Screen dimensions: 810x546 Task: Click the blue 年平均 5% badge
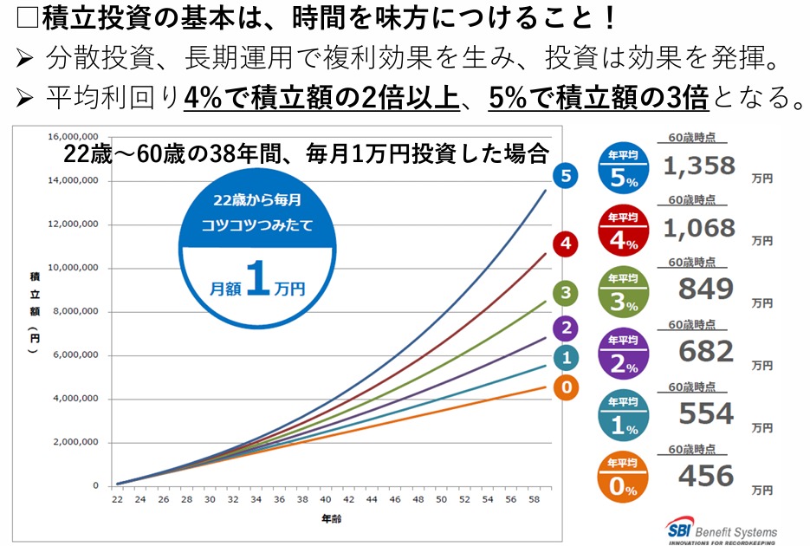point(624,168)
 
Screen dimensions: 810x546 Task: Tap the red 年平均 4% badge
point(624,231)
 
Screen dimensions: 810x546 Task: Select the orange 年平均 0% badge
point(623,477)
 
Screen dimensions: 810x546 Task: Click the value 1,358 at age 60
point(699,166)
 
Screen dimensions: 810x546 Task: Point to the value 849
point(706,289)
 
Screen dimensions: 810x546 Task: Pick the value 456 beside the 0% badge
point(706,476)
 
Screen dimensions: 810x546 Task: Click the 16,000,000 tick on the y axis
point(73,136)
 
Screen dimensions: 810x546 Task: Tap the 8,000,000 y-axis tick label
point(75,311)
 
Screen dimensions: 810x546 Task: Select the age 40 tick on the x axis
point(326,499)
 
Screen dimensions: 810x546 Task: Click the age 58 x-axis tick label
point(535,499)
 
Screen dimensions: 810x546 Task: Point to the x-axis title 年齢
point(332,518)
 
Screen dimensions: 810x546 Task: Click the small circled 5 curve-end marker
point(566,176)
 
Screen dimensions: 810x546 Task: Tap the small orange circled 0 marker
point(567,387)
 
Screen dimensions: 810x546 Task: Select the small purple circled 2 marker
point(567,328)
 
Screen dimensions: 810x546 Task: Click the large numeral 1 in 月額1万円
point(258,278)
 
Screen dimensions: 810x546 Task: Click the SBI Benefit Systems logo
point(721,530)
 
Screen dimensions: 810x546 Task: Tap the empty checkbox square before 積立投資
point(28,17)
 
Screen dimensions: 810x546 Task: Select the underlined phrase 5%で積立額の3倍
point(599,97)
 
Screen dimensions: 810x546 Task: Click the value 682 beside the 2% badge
point(706,351)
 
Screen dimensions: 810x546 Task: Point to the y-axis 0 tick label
point(95,485)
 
